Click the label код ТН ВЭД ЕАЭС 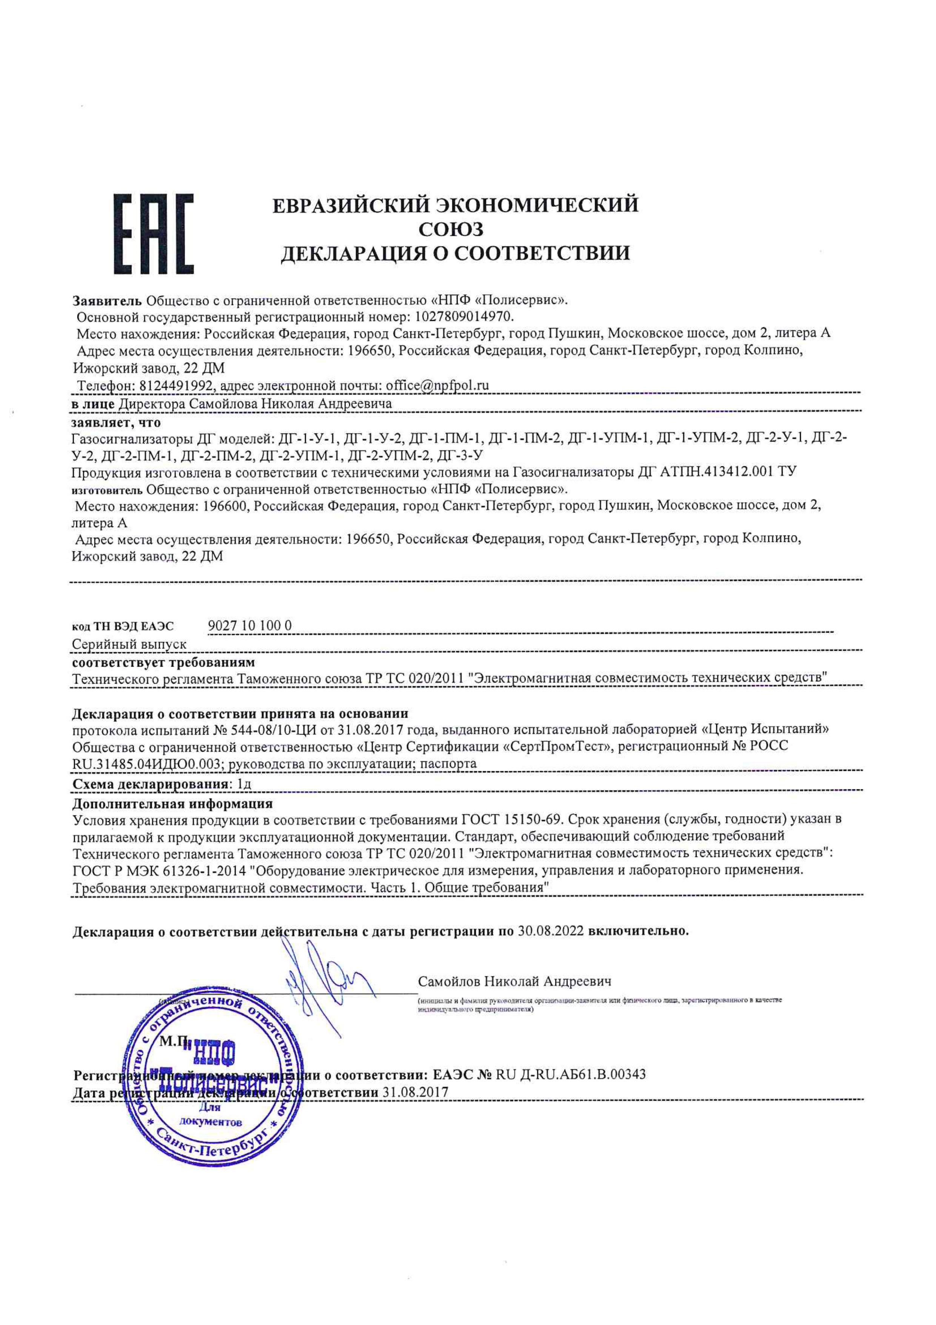pyautogui.click(x=122, y=627)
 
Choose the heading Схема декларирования pyautogui.click(x=149, y=785)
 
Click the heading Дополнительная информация pyautogui.click(x=172, y=803)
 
